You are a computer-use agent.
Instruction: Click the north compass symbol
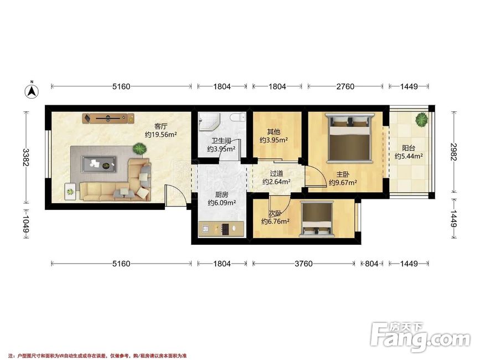[32, 90]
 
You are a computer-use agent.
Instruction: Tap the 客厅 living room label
[161, 126]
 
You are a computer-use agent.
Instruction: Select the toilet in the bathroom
[239, 117]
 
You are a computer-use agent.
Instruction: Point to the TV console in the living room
[108, 118]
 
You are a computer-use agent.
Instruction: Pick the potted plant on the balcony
[422, 120]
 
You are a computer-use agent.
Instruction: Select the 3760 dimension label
[303, 264]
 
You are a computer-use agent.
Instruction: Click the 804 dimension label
[371, 264]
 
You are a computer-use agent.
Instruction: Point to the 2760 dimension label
[345, 86]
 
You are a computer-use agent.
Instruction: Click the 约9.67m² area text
[343, 183]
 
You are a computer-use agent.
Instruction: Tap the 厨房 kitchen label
[221, 195]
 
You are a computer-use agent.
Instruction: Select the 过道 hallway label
[276, 173]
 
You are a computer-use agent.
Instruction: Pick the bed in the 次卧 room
[317, 219]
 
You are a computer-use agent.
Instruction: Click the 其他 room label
[273, 132]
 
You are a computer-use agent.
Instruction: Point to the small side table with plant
[70, 192]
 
